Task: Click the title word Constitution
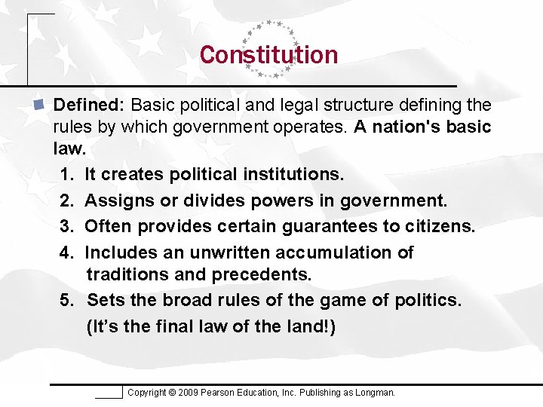[x=268, y=55]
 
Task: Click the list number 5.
[x=67, y=300]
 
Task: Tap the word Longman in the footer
[x=375, y=393]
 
